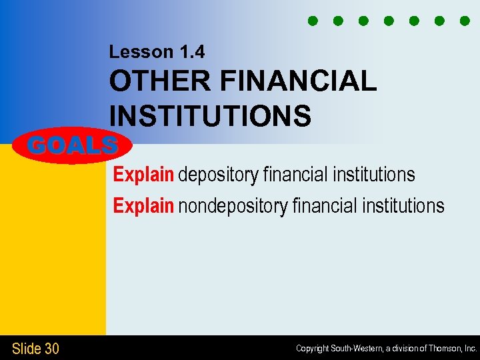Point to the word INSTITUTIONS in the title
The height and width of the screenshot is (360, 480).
(x=210, y=115)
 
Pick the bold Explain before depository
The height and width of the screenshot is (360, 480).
(x=143, y=175)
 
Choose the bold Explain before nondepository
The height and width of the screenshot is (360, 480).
(x=143, y=206)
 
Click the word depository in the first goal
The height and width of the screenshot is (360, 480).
(x=218, y=175)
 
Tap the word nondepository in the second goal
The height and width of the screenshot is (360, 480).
(x=233, y=206)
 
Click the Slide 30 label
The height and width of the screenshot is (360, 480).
(x=35, y=348)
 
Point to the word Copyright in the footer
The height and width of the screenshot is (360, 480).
(x=313, y=349)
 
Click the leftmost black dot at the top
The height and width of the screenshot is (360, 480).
(x=311, y=21)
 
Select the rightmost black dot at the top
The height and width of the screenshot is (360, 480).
(x=465, y=21)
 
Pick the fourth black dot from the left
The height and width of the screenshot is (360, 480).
(x=388, y=21)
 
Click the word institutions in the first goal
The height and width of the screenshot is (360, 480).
(x=373, y=175)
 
